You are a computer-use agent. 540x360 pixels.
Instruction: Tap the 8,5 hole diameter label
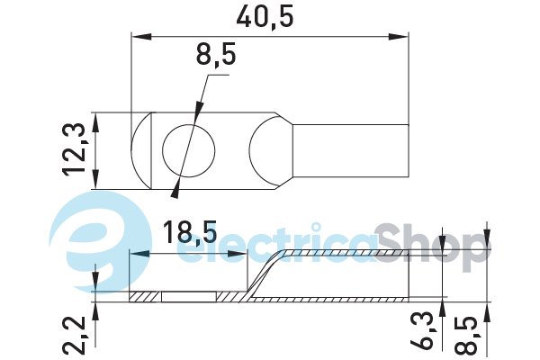point(216,55)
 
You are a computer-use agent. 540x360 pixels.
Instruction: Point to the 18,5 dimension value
point(190,231)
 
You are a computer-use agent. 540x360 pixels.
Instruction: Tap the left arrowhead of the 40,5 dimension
point(141,37)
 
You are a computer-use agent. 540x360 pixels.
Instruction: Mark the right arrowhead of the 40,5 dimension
point(398,37)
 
